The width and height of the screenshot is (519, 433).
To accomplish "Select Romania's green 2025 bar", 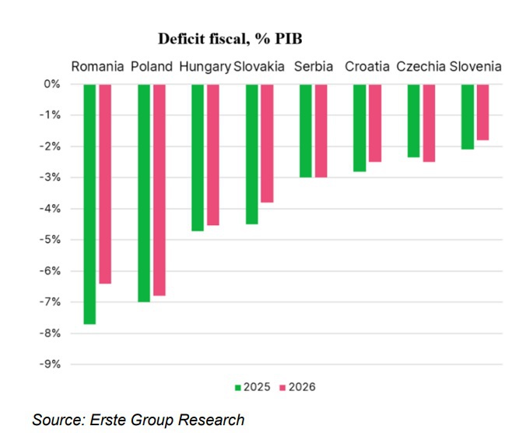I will tap(89, 203).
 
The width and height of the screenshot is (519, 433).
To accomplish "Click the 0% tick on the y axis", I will tap(51, 84).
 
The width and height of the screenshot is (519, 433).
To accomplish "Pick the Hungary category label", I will tap(205, 66).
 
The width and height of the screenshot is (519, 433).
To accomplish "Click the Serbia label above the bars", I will tap(313, 66).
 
